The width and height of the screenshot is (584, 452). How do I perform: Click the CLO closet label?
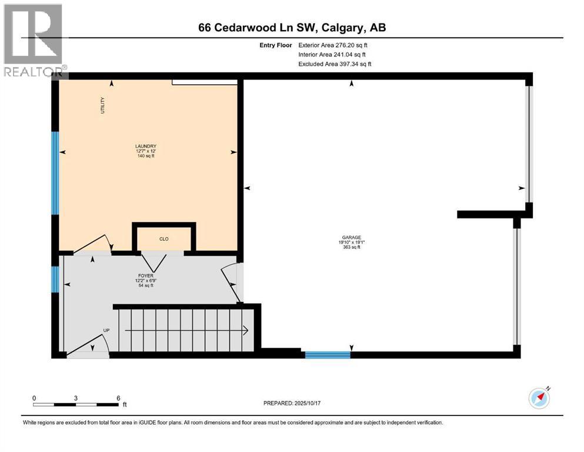click(x=164, y=240)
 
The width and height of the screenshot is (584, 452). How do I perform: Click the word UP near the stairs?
click(x=106, y=330)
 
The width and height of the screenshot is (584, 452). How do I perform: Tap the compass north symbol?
click(x=539, y=398)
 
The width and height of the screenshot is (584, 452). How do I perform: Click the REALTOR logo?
click(x=34, y=39)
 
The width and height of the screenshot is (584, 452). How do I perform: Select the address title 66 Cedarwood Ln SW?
click(x=292, y=28)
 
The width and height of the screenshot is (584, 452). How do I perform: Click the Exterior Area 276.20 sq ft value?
click(x=333, y=45)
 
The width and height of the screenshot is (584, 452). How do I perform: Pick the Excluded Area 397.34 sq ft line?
click(x=335, y=64)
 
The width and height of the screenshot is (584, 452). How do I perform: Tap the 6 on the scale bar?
click(x=118, y=398)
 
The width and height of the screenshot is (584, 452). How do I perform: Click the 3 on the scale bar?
click(x=76, y=398)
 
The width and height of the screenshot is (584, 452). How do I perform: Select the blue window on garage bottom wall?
click(x=328, y=354)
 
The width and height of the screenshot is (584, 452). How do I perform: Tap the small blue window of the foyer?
click(x=55, y=279)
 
